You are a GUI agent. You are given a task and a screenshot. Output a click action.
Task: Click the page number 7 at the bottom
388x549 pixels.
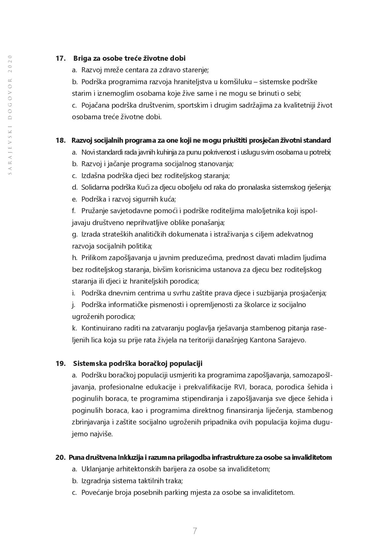[x=195, y=531]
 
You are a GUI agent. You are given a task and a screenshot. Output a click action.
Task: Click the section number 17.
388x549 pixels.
[x=61, y=58]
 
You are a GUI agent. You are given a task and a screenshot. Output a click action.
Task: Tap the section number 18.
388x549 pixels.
[x=61, y=140]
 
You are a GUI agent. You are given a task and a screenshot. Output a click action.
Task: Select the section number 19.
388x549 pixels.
[x=61, y=363]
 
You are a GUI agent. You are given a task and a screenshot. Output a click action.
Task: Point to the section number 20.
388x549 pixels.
[x=60, y=457]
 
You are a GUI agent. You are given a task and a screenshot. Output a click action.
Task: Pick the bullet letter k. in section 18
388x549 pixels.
[x=74, y=328]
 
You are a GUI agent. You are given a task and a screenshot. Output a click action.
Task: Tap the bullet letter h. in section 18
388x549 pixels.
[x=74, y=258]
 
